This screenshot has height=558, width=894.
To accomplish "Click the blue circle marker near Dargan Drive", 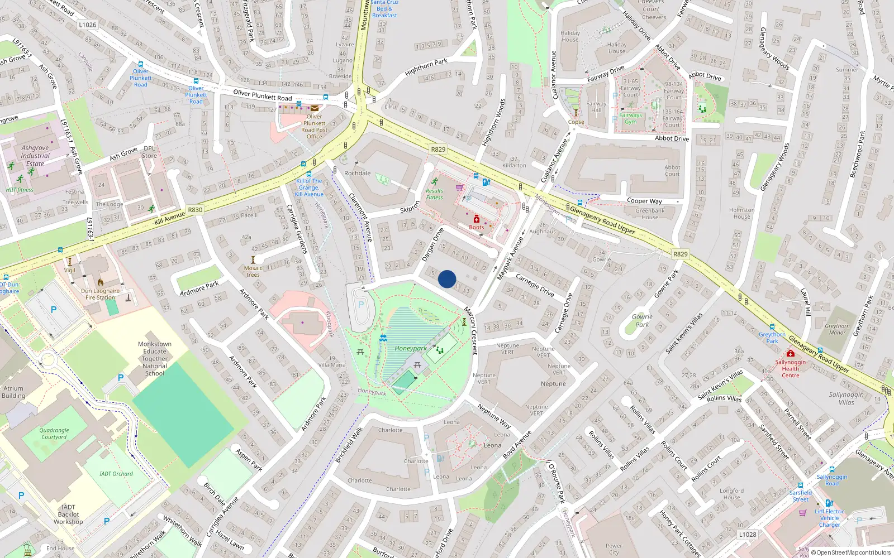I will (x=447, y=278).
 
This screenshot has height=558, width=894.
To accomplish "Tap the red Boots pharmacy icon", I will (x=477, y=219).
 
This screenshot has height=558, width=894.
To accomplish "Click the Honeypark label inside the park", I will (x=411, y=348).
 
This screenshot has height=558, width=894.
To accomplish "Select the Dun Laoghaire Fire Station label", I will (x=100, y=294).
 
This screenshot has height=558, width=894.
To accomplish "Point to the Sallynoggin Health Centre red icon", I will (x=790, y=353).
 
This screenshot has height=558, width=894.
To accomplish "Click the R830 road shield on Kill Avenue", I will (x=195, y=210).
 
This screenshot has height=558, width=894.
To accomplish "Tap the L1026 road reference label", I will (x=87, y=25).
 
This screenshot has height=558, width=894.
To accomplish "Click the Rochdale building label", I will (x=358, y=173).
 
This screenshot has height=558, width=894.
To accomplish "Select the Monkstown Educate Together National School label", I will (x=155, y=359).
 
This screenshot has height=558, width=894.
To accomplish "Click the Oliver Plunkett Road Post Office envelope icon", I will (x=315, y=108).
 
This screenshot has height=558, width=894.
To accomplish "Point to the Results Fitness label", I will (x=434, y=194).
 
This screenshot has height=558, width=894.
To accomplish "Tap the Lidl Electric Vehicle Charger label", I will (x=829, y=518).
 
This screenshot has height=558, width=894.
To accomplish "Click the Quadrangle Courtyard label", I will (x=54, y=434).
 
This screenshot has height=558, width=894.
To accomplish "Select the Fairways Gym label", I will (x=631, y=118).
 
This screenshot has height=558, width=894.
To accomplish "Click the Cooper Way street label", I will (x=644, y=201).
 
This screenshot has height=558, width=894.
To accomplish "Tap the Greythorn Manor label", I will (x=837, y=329).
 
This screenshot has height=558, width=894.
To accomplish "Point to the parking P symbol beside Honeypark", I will (x=360, y=305).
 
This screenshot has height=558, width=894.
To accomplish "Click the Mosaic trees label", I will (x=253, y=271).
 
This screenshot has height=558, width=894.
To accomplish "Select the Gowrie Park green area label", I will (x=642, y=320).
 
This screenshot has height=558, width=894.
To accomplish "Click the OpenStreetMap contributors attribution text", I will (x=850, y=552).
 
